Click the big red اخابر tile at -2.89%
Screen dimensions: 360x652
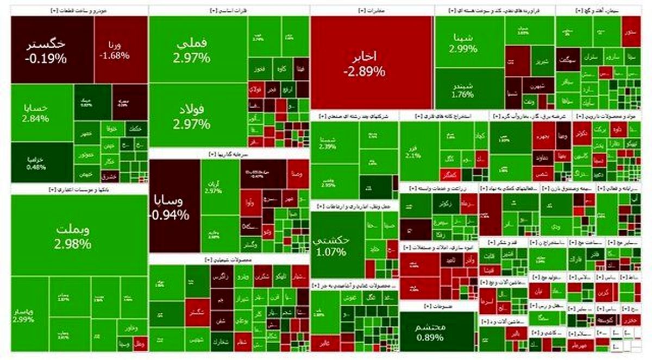pyautogui.click(x=372, y=62)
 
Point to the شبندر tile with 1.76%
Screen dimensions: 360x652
pyautogui.click(x=463, y=90)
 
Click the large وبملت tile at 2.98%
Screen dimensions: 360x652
pyautogui.click(x=73, y=235)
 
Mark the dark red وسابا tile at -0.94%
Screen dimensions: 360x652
pyautogui.click(x=174, y=206)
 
